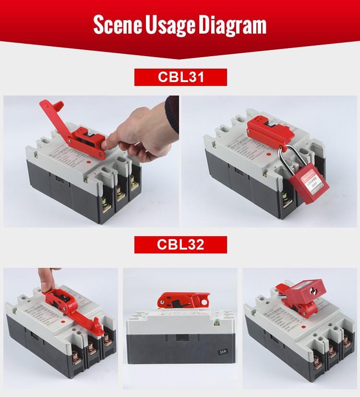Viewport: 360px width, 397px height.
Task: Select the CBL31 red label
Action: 180,77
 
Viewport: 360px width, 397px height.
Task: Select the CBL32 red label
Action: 180,244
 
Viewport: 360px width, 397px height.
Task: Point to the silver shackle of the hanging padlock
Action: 283,161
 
